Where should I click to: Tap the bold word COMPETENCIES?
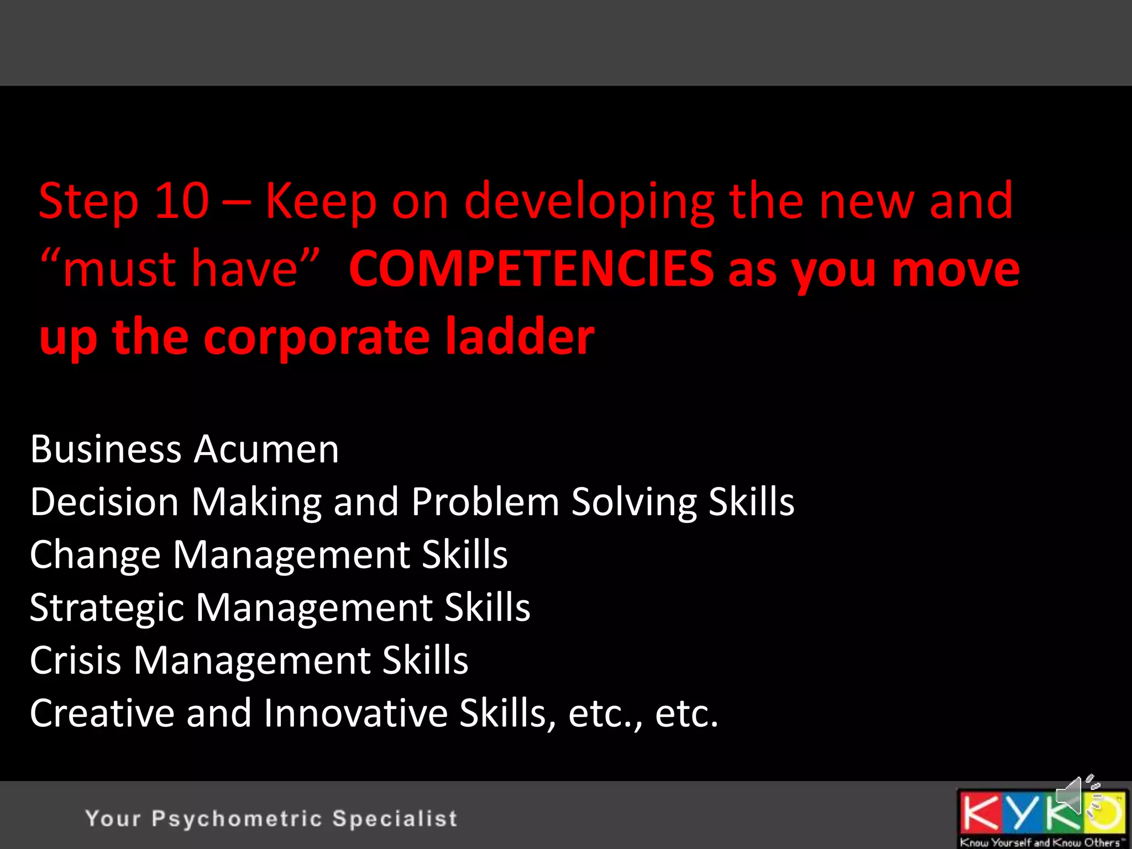[531, 269]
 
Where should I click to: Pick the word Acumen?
[266, 449]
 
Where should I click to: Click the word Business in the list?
[106, 449]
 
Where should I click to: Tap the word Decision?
[104, 502]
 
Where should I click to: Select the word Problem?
[485, 502]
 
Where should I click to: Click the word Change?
[95, 554]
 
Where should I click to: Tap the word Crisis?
[75, 661]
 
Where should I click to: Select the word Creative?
[102, 713]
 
